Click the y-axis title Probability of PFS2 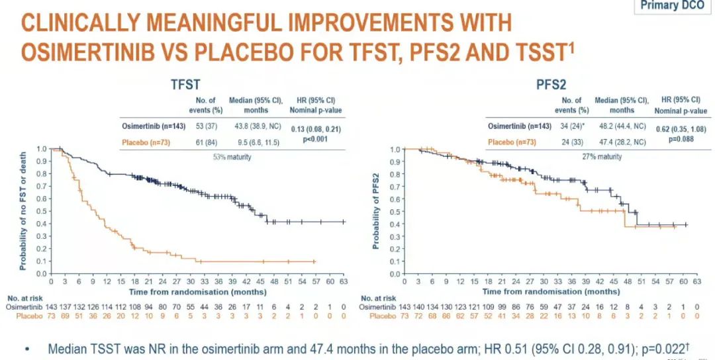tap(375, 211)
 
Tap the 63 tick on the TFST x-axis tap(343, 281)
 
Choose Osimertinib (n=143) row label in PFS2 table tap(510, 126)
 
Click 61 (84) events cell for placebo tap(201, 141)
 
